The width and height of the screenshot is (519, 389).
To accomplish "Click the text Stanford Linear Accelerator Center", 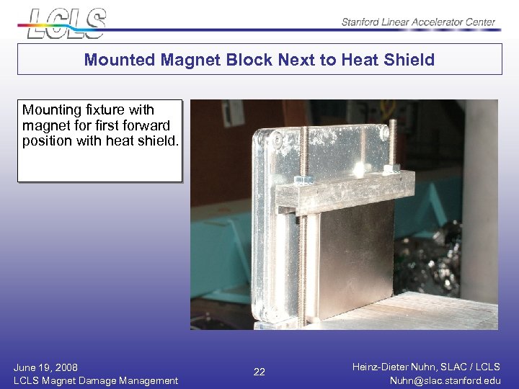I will click(418, 22).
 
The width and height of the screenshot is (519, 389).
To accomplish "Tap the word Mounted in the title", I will click(113, 60).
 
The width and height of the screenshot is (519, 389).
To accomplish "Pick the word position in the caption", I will click(46, 141).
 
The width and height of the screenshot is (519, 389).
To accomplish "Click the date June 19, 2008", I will click(45, 367).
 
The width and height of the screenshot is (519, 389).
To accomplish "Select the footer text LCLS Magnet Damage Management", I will click(95, 380).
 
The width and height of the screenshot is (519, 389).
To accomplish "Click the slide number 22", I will click(259, 372).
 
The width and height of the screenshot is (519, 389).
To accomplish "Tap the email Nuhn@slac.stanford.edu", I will click(445, 380).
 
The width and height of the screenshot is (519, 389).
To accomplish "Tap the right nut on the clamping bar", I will click(391, 169).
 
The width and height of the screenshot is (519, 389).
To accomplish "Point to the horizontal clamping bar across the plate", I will click(346, 189).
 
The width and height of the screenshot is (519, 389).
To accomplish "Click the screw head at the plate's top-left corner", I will click(277, 138).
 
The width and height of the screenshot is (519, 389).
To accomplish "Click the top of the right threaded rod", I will click(392, 124).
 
